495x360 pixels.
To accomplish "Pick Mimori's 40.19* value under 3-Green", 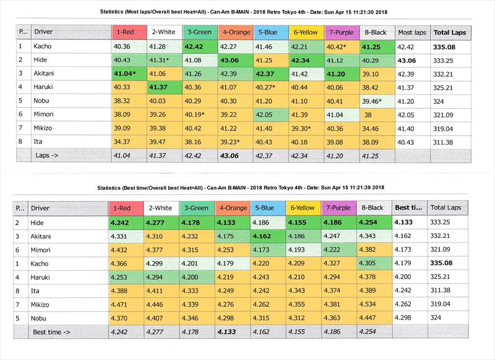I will [x=199, y=114].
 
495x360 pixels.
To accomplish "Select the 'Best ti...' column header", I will [x=409, y=208].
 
